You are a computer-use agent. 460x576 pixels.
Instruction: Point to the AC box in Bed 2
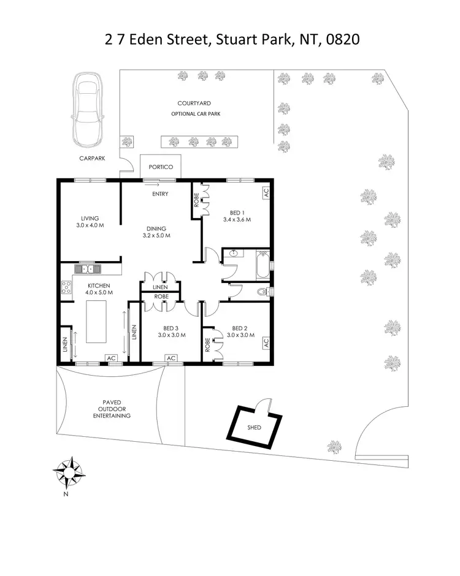pos(266,343)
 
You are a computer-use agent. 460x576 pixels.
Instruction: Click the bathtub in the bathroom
pos(263,263)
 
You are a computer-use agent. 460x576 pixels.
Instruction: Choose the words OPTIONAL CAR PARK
pos(195,114)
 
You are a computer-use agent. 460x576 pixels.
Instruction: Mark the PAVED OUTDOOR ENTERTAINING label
pos(111,409)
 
